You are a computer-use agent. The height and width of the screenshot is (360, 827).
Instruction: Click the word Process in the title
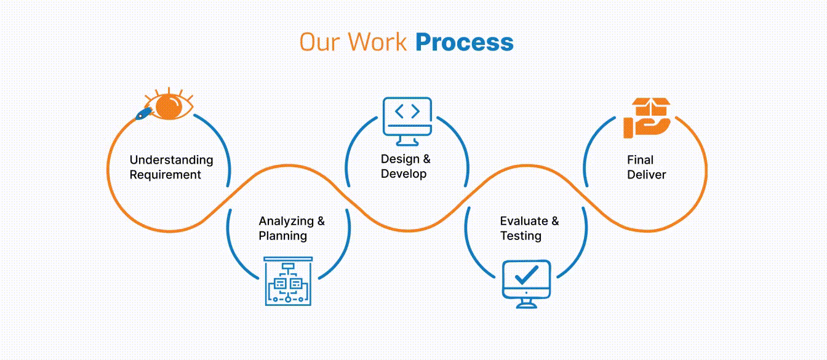464,42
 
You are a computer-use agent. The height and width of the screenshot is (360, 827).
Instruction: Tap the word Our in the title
320,42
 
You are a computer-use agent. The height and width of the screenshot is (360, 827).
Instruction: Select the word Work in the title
377,42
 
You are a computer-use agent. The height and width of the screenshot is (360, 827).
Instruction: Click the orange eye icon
167,105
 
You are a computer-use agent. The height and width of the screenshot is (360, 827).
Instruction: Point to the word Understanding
171,160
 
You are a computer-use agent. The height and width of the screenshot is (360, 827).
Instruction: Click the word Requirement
165,175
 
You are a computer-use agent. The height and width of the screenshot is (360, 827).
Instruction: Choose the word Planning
282,236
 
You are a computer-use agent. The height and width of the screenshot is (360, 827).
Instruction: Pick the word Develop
404,174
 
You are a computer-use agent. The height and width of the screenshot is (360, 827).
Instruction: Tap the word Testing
521,236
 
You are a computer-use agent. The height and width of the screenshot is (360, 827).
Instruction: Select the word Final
640,160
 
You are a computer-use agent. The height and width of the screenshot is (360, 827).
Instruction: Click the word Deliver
647,175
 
